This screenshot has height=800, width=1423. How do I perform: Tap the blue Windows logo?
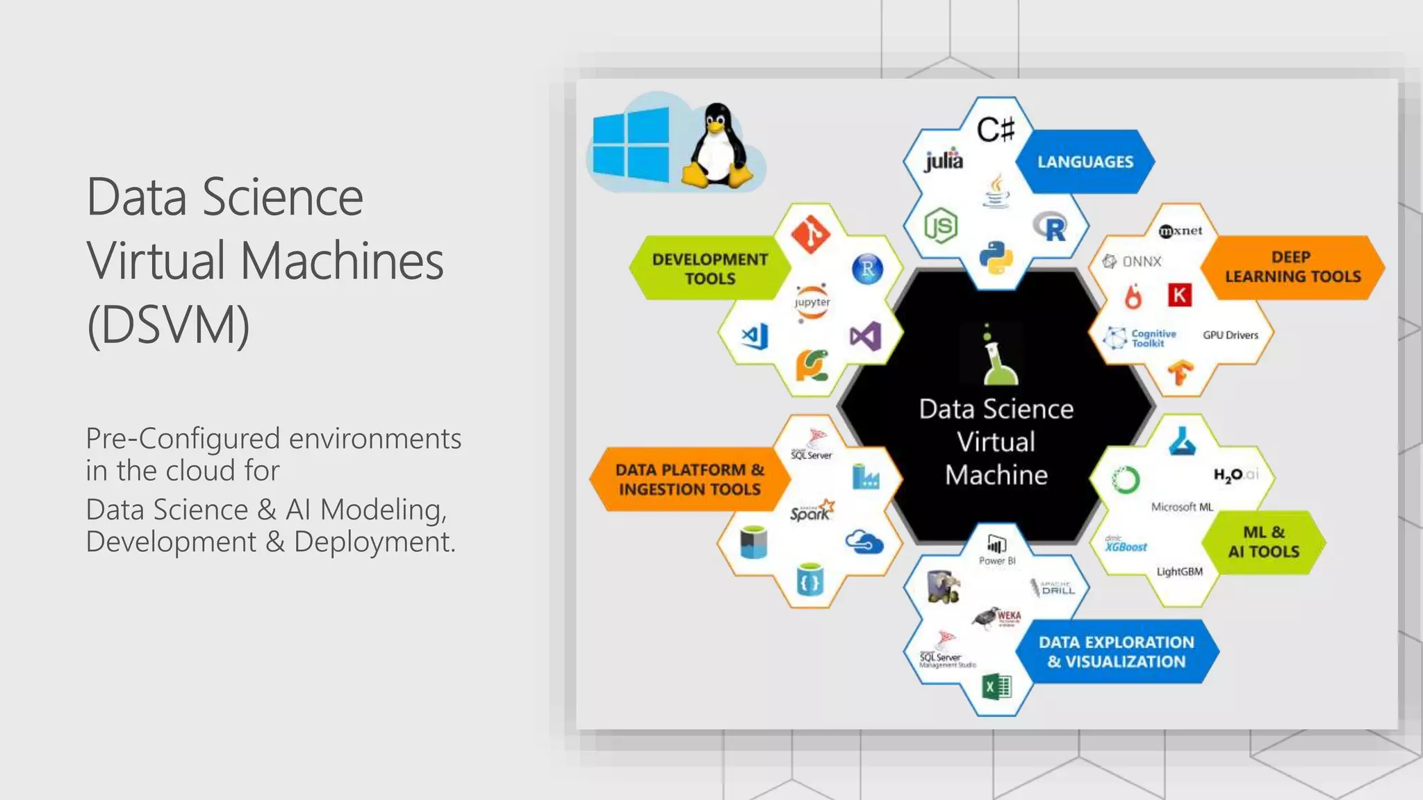(x=631, y=144)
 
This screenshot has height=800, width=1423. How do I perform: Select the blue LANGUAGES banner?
(x=1085, y=162)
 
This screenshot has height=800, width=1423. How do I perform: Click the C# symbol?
(x=996, y=129)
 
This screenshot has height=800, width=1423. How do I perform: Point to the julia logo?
(x=944, y=160)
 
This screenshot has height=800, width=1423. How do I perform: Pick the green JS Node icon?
(x=941, y=226)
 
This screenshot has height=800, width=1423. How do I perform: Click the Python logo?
(x=996, y=258)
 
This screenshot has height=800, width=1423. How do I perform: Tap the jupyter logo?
(x=812, y=303)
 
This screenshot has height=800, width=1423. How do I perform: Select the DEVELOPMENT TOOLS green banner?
(x=709, y=269)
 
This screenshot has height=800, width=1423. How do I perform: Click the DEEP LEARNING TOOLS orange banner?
(x=1292, y=267)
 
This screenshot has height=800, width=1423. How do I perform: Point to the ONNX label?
(x=1133, y=262)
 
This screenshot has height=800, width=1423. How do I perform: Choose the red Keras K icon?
(x=1179, y=295)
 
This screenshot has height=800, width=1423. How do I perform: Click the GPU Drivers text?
(x=1231, y=335)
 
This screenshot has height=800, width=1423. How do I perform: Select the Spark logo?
(x=811, y=511)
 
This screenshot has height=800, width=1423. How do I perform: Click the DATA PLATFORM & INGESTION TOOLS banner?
(x=689, y=480)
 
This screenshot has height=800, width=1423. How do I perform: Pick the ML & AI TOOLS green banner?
(x=1263, y=542)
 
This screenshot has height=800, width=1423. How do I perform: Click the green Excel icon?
(x=996, y=687)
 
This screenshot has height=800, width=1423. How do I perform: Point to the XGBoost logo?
(x=1126, y=545)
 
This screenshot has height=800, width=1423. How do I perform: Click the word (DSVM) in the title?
(x=168, y=325)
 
